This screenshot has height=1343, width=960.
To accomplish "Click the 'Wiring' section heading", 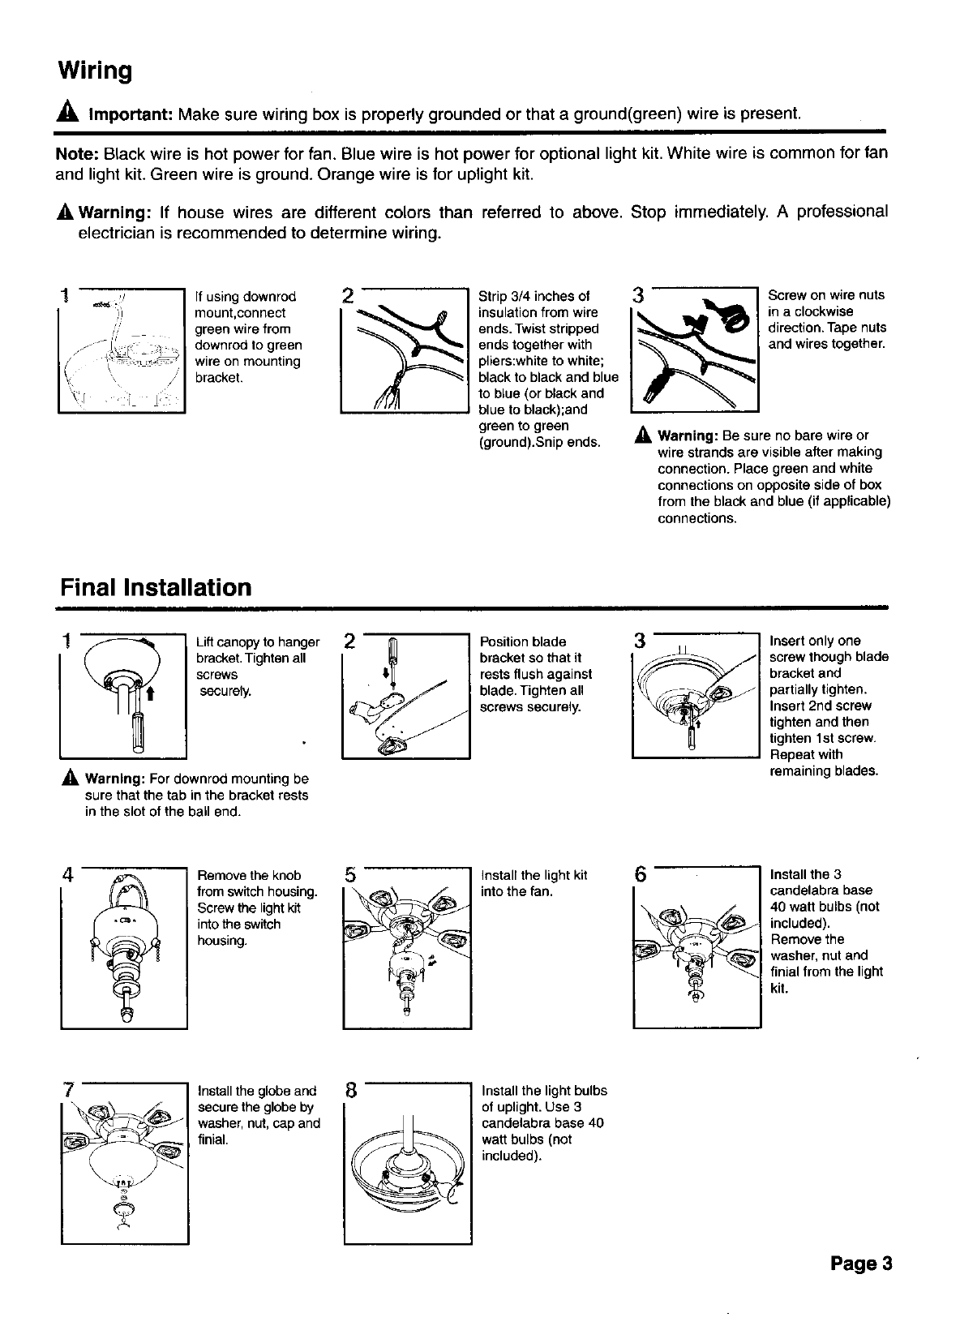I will tap(95, 71).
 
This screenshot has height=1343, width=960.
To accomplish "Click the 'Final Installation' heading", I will tap(155, 587).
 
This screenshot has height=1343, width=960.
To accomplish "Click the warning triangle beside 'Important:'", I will tap(66, 112).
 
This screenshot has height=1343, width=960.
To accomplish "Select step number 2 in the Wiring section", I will tap(348, 295).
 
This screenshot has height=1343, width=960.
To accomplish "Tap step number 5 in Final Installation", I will tap(350, 875).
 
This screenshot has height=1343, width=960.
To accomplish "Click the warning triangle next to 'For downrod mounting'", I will tap(69, 779).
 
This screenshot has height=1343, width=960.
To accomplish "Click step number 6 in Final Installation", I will tap(641, 876).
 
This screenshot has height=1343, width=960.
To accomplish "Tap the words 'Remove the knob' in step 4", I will tap(249, 875).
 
